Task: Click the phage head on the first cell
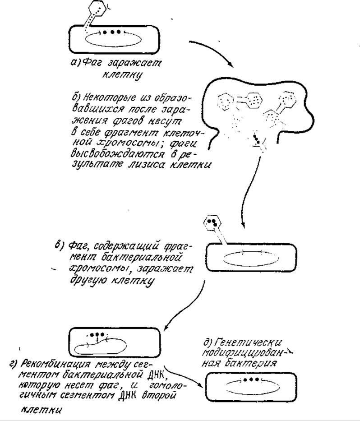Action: pos(97,9)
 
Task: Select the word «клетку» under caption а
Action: pos(122,74)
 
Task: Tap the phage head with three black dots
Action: pos(212,222)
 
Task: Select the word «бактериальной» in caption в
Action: pos(141,258)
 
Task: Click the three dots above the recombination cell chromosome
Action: pos(97,334)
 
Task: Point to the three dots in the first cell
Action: pos(112,32)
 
